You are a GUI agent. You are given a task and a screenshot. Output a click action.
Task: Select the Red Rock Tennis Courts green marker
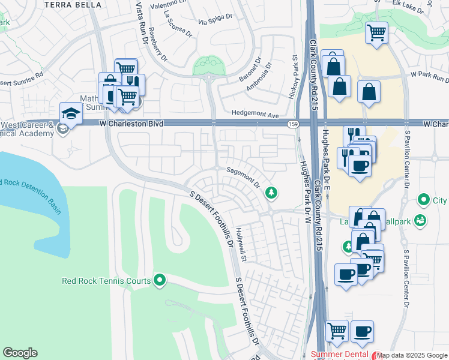160,280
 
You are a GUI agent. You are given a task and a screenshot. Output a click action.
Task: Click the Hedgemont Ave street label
256,114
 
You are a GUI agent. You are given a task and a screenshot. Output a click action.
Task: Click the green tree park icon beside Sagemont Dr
272,192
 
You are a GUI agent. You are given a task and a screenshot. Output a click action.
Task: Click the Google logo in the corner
20,353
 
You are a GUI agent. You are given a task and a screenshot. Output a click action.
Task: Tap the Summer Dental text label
339,355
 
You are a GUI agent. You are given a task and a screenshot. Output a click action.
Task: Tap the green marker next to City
424,199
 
